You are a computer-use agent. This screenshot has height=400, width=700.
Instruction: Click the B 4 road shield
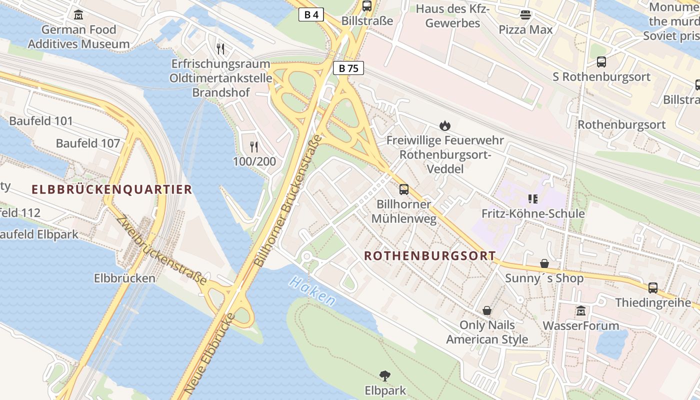(x=311, y=14)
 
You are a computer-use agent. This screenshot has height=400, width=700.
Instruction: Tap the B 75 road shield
(x=348, y=68)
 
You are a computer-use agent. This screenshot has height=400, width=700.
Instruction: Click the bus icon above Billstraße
(x=367, y=6)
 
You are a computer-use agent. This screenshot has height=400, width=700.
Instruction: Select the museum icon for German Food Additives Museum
(x=78, y=14)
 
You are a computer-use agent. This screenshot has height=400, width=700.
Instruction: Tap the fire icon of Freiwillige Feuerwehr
(x=444, y=125)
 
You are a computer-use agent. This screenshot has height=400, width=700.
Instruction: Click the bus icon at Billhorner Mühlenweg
(x=404, y=189)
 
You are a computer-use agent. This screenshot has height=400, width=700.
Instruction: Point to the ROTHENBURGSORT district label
(x=429, y=256)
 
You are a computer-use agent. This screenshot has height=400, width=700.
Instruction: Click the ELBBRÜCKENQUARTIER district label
(x=111, y=189)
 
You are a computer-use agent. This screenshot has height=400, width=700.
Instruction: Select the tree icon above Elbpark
(x=384, y=375)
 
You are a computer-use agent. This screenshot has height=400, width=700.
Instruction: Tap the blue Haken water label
(x=312, y=291)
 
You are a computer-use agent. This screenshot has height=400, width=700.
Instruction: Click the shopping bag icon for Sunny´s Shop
(x=544, y=263)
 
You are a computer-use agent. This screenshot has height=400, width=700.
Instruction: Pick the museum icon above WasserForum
(x=580, y=310)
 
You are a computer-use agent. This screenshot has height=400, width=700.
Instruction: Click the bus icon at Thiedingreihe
(x=653, y=287)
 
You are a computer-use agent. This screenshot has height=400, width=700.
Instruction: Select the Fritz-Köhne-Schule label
(x=533, y=213)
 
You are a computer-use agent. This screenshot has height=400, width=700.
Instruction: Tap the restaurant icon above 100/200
(x=254, y=146)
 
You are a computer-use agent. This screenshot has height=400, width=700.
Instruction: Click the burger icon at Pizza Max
(x=525, y=15)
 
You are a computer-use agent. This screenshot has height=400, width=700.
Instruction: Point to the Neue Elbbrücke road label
(x=209, y=352)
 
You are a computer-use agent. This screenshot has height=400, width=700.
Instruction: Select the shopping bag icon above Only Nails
(x=487, y=310)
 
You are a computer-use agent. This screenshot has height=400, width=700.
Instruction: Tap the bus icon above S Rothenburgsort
(x=601, y=62)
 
